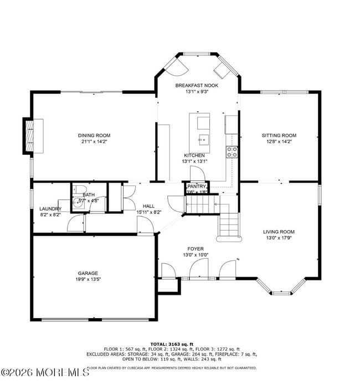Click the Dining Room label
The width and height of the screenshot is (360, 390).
point(94,136)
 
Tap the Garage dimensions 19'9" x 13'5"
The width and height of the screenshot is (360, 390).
point(88,279)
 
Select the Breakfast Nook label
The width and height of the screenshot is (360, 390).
point(197,86)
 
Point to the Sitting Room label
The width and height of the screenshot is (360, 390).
point(279,136)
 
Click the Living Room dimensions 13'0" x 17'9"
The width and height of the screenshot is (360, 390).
point(279,238)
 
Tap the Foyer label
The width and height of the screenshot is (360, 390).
point(196,249)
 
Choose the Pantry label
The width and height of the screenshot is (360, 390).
point(196,186)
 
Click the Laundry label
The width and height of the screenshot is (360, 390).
point(50,209)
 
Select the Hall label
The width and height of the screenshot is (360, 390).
point(148,206)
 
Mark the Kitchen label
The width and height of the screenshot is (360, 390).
point(194,155)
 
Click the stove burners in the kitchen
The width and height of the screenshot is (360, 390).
point(232,152)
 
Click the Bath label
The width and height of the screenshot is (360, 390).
point(89,195)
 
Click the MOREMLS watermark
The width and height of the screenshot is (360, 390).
point(44,372)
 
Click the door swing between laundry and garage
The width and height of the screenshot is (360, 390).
point(75,224)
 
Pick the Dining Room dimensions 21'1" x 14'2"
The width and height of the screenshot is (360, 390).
point(94,142)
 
